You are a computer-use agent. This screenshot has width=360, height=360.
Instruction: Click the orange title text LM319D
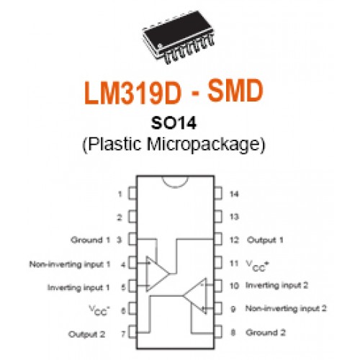pos(132,92)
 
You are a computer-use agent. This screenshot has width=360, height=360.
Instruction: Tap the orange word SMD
pos(235,91)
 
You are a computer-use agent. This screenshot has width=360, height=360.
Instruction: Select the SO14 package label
pos(174,123)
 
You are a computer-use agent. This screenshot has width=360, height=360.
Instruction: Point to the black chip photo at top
pos(179,37)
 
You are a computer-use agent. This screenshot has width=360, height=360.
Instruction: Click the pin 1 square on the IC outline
pos(132,194)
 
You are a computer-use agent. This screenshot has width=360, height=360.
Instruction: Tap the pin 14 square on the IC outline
pos(218,194)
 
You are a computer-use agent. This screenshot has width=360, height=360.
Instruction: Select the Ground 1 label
pos(90,240)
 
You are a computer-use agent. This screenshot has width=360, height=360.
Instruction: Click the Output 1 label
pos(265,240)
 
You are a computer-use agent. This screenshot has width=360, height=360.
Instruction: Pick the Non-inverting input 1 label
pos(70,264)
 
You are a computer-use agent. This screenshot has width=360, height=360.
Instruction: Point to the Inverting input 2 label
pos(276,285)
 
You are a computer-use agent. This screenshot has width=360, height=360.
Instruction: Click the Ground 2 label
pos(266,333)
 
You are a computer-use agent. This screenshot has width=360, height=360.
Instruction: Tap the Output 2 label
pos(87,334)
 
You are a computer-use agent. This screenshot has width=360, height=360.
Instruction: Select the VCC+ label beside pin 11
pos(257,266)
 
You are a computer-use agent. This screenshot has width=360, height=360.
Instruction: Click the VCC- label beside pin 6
pos(99,310)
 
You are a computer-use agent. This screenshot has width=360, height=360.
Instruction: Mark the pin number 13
pos(234,217)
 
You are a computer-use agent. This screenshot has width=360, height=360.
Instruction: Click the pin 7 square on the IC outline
pos(132,332)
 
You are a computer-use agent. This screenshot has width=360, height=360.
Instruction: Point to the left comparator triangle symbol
pos(157,274)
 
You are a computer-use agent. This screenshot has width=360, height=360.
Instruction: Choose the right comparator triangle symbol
pos(195,296)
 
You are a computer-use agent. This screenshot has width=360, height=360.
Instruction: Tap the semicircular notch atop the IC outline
pos(175,187)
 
